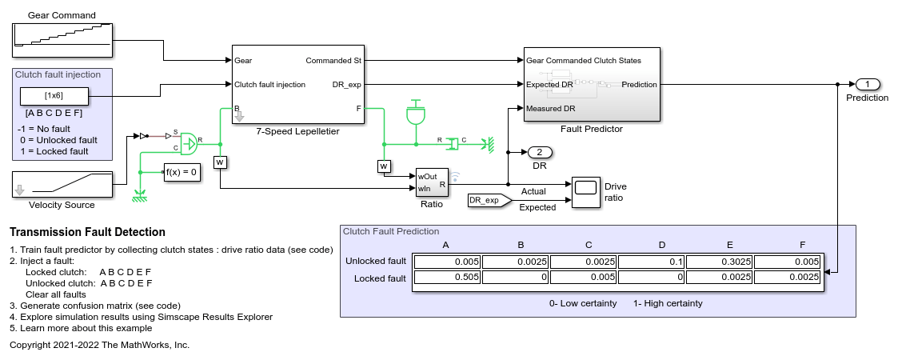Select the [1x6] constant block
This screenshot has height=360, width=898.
click(54, 97)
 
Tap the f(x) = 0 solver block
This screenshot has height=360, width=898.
click(181, 171)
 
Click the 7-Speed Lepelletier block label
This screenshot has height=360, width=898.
click(286, 131)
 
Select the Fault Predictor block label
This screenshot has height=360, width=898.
click(591, 128)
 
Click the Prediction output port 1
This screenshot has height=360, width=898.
click(867, 84)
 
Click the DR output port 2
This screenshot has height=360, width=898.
click(540, 152)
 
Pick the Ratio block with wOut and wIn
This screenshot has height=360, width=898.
click(432, 182)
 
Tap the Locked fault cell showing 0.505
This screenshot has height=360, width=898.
click(445, 278)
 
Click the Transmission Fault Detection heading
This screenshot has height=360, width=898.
click(87, 232)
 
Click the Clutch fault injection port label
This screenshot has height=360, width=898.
click(269, 84)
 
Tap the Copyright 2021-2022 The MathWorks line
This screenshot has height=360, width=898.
click(99, 345)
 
